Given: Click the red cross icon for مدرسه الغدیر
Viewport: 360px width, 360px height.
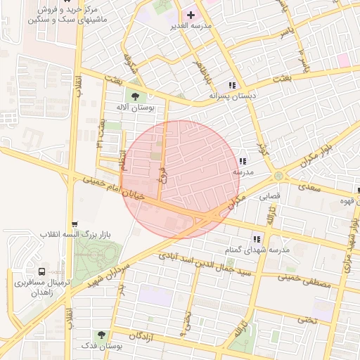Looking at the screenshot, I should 191,15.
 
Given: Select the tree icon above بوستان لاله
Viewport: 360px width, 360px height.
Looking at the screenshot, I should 134,96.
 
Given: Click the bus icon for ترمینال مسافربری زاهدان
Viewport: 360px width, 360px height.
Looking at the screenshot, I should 42,271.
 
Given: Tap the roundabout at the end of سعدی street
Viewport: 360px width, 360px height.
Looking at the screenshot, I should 279,176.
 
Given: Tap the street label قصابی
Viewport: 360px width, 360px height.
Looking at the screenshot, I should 271,197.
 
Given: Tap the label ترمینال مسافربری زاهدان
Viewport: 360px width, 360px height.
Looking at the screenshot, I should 39,288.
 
